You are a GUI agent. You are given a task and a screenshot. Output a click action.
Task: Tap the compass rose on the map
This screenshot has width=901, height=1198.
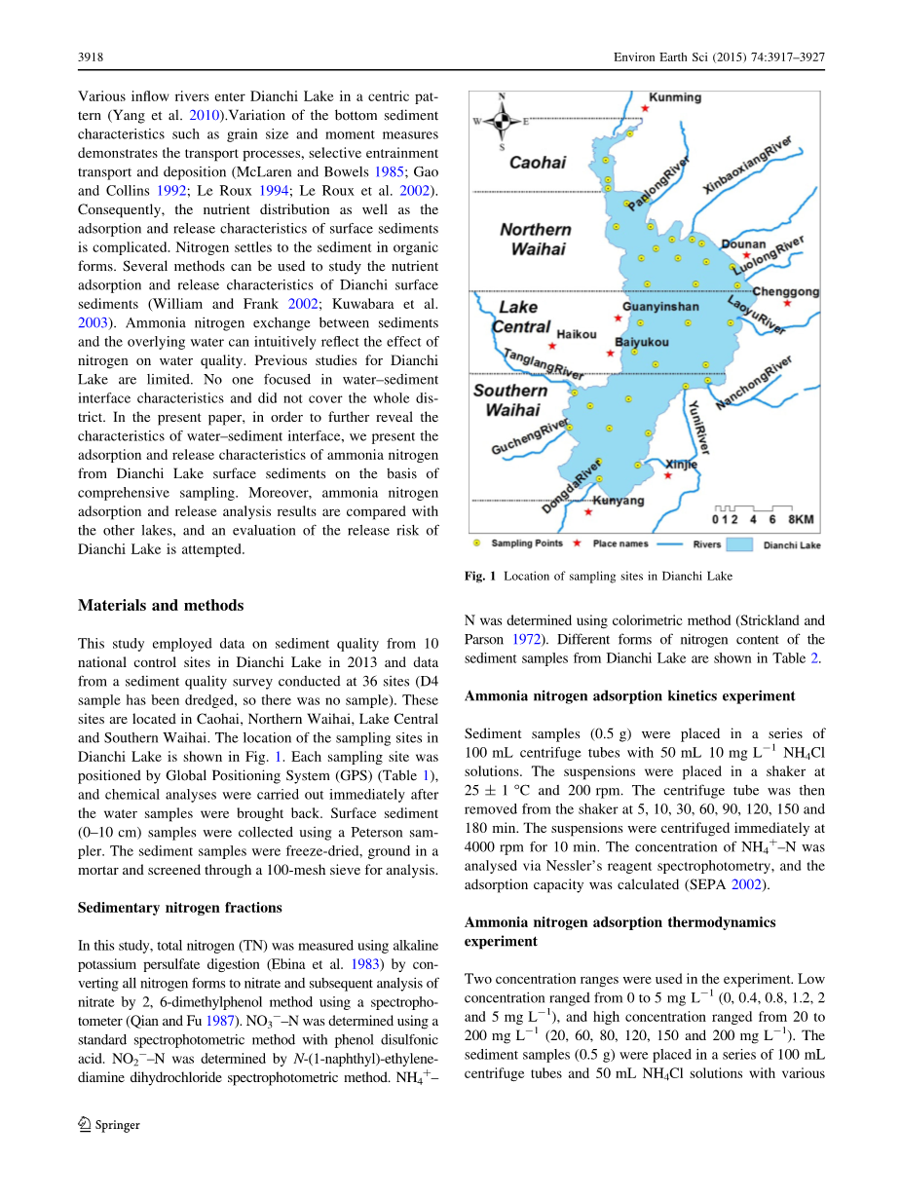[x=501, y=121]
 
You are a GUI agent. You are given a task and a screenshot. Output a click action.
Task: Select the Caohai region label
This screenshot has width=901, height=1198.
[x=538, y=163]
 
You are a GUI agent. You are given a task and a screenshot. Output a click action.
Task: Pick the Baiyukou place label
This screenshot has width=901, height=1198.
[x=642, y=342]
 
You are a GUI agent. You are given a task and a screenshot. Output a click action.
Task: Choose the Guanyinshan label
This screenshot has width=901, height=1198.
[x=660, y=307]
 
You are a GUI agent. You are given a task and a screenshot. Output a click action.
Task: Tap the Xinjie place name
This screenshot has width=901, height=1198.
[x=681, y=465]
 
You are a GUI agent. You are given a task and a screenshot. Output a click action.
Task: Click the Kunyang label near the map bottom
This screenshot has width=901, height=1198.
[x=619, y=501]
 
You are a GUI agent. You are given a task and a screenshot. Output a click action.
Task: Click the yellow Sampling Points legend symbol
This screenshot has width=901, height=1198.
[x=476, y=543]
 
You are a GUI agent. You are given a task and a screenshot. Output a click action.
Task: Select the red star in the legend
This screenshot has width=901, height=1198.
[x=578, y=543]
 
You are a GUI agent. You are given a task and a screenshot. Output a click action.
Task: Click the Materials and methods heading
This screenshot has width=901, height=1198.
[x=161, y=605]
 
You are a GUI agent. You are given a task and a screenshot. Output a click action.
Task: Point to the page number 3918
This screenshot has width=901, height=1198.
[x=91, y=57]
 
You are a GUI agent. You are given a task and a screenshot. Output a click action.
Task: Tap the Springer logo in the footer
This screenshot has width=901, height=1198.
[x=109, y=1125]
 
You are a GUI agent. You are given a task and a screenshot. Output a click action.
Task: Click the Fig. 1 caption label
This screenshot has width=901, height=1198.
[x=481, y=577]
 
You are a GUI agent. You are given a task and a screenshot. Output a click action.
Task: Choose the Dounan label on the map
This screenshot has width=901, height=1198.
[x=743, y=245]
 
